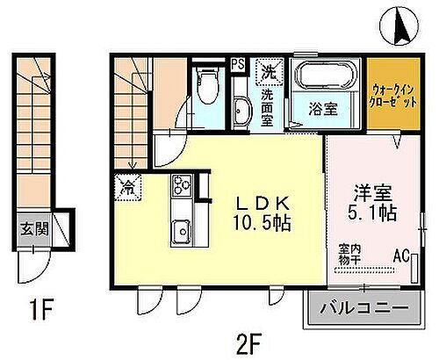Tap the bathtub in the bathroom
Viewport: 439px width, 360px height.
click(325, 77)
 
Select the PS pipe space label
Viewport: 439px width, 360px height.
click(238, 63)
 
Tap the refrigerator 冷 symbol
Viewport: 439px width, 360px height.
click(127, 187)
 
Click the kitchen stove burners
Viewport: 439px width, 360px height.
click(183, 185)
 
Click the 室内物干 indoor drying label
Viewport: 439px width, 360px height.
click(349, 255)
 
